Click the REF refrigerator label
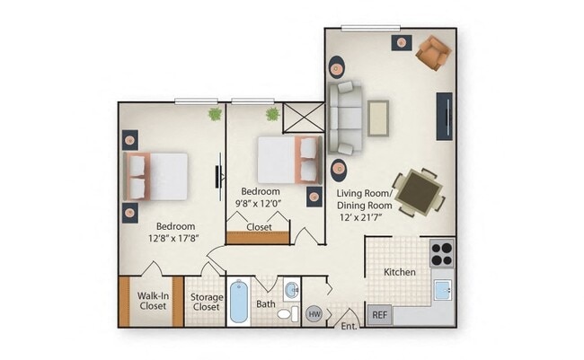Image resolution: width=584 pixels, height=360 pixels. coord(380,315)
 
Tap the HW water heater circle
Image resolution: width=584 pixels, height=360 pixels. coord(314,314)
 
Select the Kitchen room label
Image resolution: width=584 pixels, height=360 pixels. coord(399,271)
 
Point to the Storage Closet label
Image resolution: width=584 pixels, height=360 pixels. coord(206,302)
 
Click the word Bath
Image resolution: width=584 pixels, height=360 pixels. coord(266,304)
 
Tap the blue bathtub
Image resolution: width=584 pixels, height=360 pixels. coord(238,303)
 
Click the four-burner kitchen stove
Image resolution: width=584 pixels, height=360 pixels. coord(441,252)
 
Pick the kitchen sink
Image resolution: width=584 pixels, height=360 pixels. coord(442,290)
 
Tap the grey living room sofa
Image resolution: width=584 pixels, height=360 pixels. coord(345,117)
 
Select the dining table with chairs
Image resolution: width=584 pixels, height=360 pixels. coord(419,190)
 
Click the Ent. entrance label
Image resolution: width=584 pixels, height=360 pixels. coord(350,326)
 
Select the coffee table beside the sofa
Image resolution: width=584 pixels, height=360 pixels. coord(378,117)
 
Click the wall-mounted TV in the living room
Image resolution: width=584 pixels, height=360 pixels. coord(443,116)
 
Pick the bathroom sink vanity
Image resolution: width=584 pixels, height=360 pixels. coord(292,289)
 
